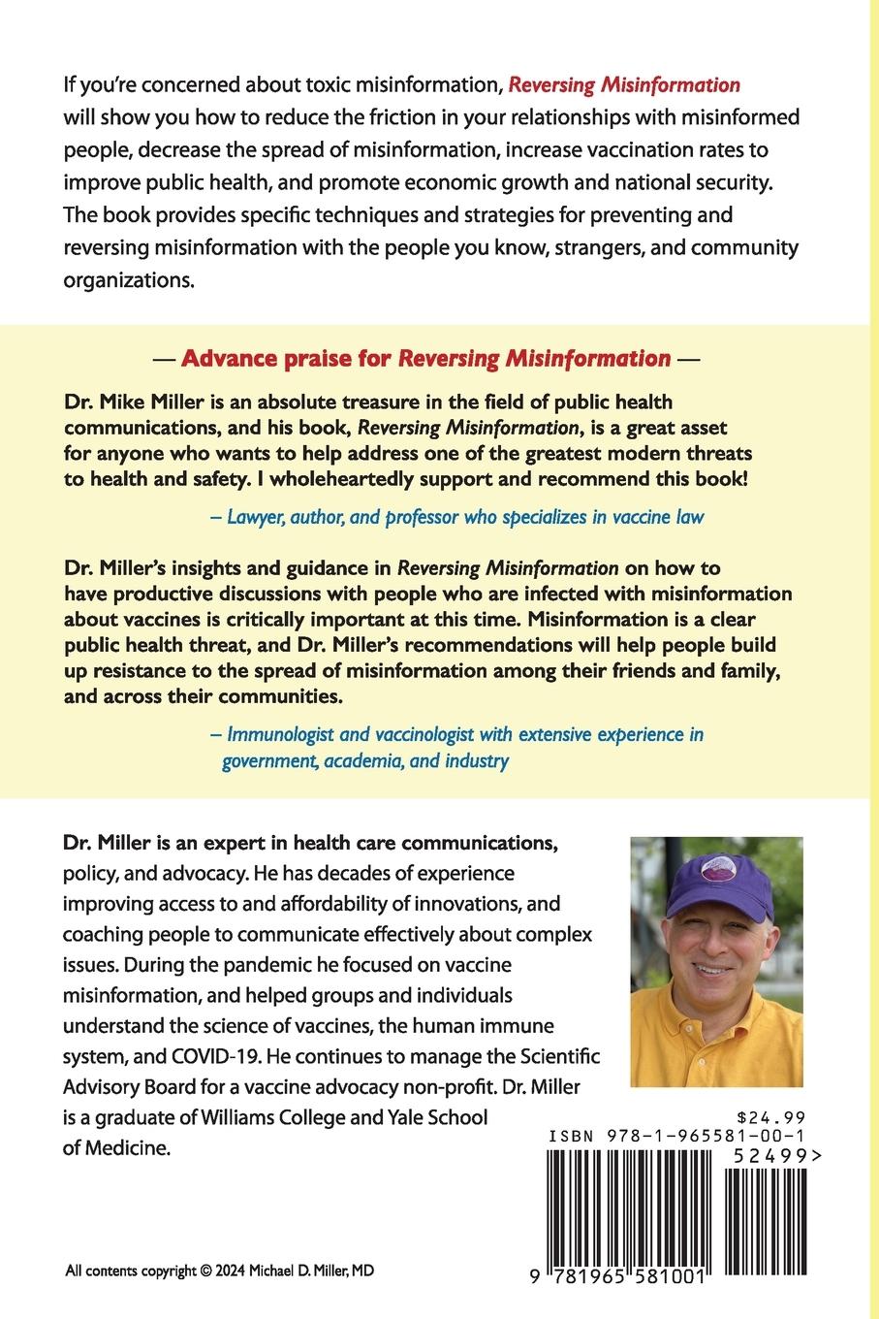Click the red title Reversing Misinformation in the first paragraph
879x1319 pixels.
pos(624,84)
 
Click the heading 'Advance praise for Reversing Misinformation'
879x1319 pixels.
pos(426,359)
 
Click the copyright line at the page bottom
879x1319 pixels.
pos(219,1271)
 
